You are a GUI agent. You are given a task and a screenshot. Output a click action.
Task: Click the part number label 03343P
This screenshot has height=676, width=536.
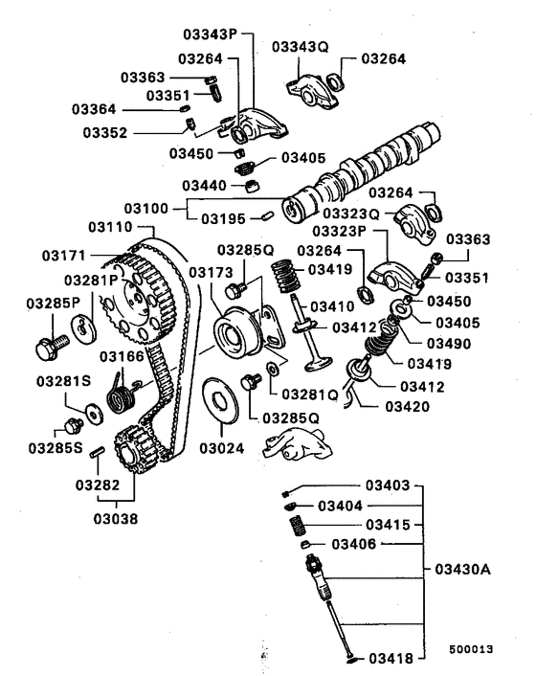point(209,34)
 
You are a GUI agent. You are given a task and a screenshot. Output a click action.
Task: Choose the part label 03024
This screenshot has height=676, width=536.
point(223,446)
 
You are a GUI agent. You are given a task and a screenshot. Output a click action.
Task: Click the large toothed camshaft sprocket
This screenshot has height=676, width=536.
point(134,296)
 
